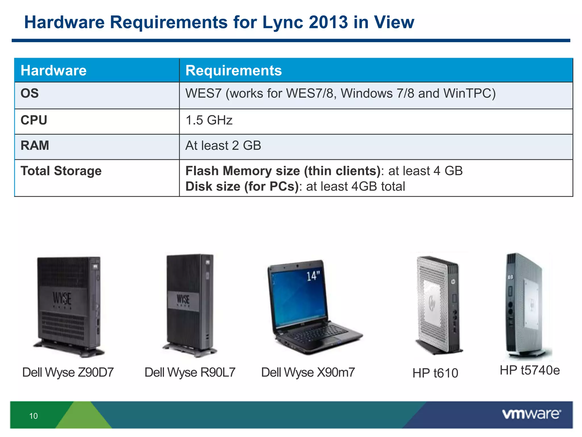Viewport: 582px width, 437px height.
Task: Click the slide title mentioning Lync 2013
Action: point(219,22)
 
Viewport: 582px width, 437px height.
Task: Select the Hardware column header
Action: point(54,71)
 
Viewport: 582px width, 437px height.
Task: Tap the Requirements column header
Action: point(233,71)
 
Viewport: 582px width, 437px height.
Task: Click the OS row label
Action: point(30,93)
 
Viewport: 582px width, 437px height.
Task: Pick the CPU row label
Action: point(34,120)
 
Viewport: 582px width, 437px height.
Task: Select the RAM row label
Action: point(35,145)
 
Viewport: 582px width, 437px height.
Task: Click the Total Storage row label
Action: point(61,171)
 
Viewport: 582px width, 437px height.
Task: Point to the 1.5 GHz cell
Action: point(209,120)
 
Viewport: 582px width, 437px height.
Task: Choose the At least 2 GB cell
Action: point(223,145)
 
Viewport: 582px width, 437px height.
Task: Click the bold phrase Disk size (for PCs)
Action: point(242,187)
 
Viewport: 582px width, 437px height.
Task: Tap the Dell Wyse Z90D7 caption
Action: point(68,372)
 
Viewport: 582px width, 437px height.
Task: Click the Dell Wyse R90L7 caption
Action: point(190,372)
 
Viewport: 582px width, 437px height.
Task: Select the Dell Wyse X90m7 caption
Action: point(308,372)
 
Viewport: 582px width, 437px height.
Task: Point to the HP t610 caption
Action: point(435,373)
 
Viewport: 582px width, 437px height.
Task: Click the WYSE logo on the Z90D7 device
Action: point(62,298)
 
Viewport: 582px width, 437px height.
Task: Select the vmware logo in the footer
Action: point(531,414)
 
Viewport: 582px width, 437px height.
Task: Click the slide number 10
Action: point(34,416)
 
